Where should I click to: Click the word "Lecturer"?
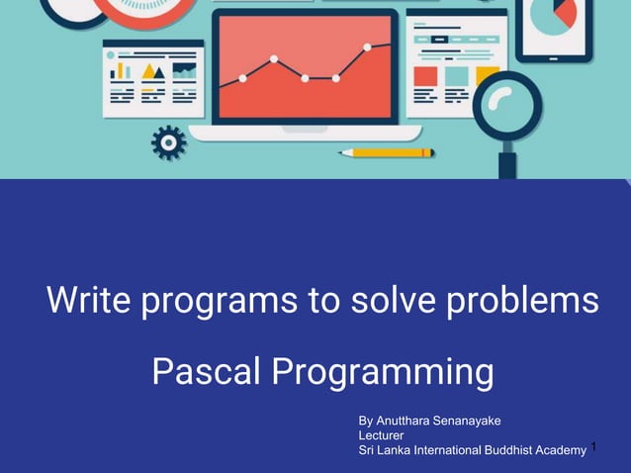[381, 435]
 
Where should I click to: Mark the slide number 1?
[595, 448]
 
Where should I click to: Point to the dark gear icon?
[168, 142]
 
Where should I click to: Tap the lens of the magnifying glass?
[506, 102]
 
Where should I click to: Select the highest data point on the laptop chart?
[368, 47]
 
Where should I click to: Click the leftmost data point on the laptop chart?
[242, 78]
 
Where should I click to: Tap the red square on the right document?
[425, 76]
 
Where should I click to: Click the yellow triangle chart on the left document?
[152, 71]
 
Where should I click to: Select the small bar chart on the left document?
[121, 71]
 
